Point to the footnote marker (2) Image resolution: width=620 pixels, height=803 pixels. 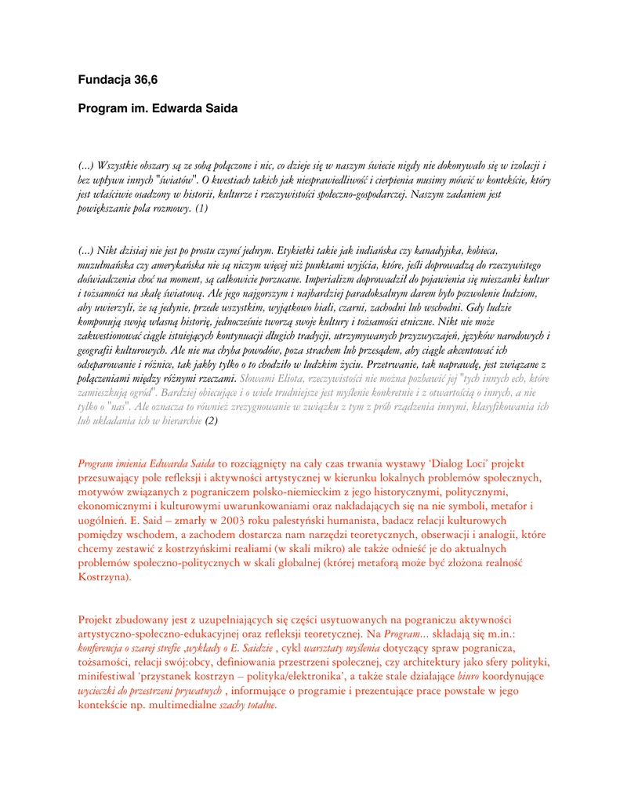pyautogui.click(x=211, y=420)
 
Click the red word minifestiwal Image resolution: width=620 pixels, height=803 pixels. pyautogui.click(x=111, y=675)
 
